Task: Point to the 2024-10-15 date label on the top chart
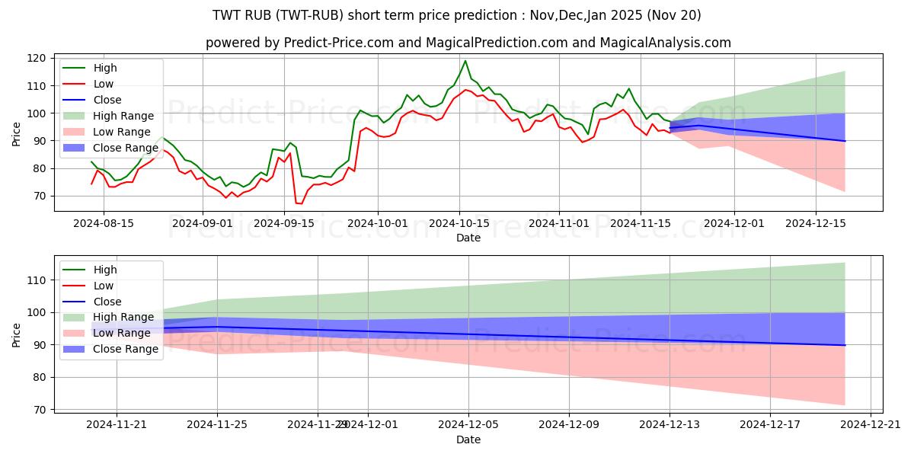pyautogui.click(x=459, y=223)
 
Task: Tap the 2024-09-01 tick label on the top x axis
pyautogui.click(x=202, y=223)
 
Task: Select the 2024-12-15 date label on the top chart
pyautogui.click(x=816, y=223)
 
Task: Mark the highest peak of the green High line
pyautogui.click(x=465, y=61)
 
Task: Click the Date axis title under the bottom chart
pyautogui.click(x=468, y=439)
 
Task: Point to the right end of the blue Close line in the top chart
pyautogui.click(x=845, y=141)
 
